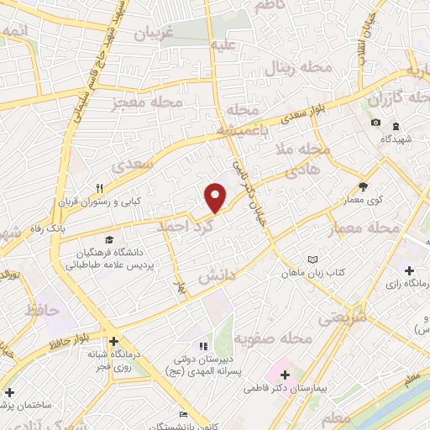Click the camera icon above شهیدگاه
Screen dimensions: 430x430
375,123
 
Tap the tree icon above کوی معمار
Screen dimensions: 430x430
363,187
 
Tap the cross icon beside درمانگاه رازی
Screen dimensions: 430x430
409,271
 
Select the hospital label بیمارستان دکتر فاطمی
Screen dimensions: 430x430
281,389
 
